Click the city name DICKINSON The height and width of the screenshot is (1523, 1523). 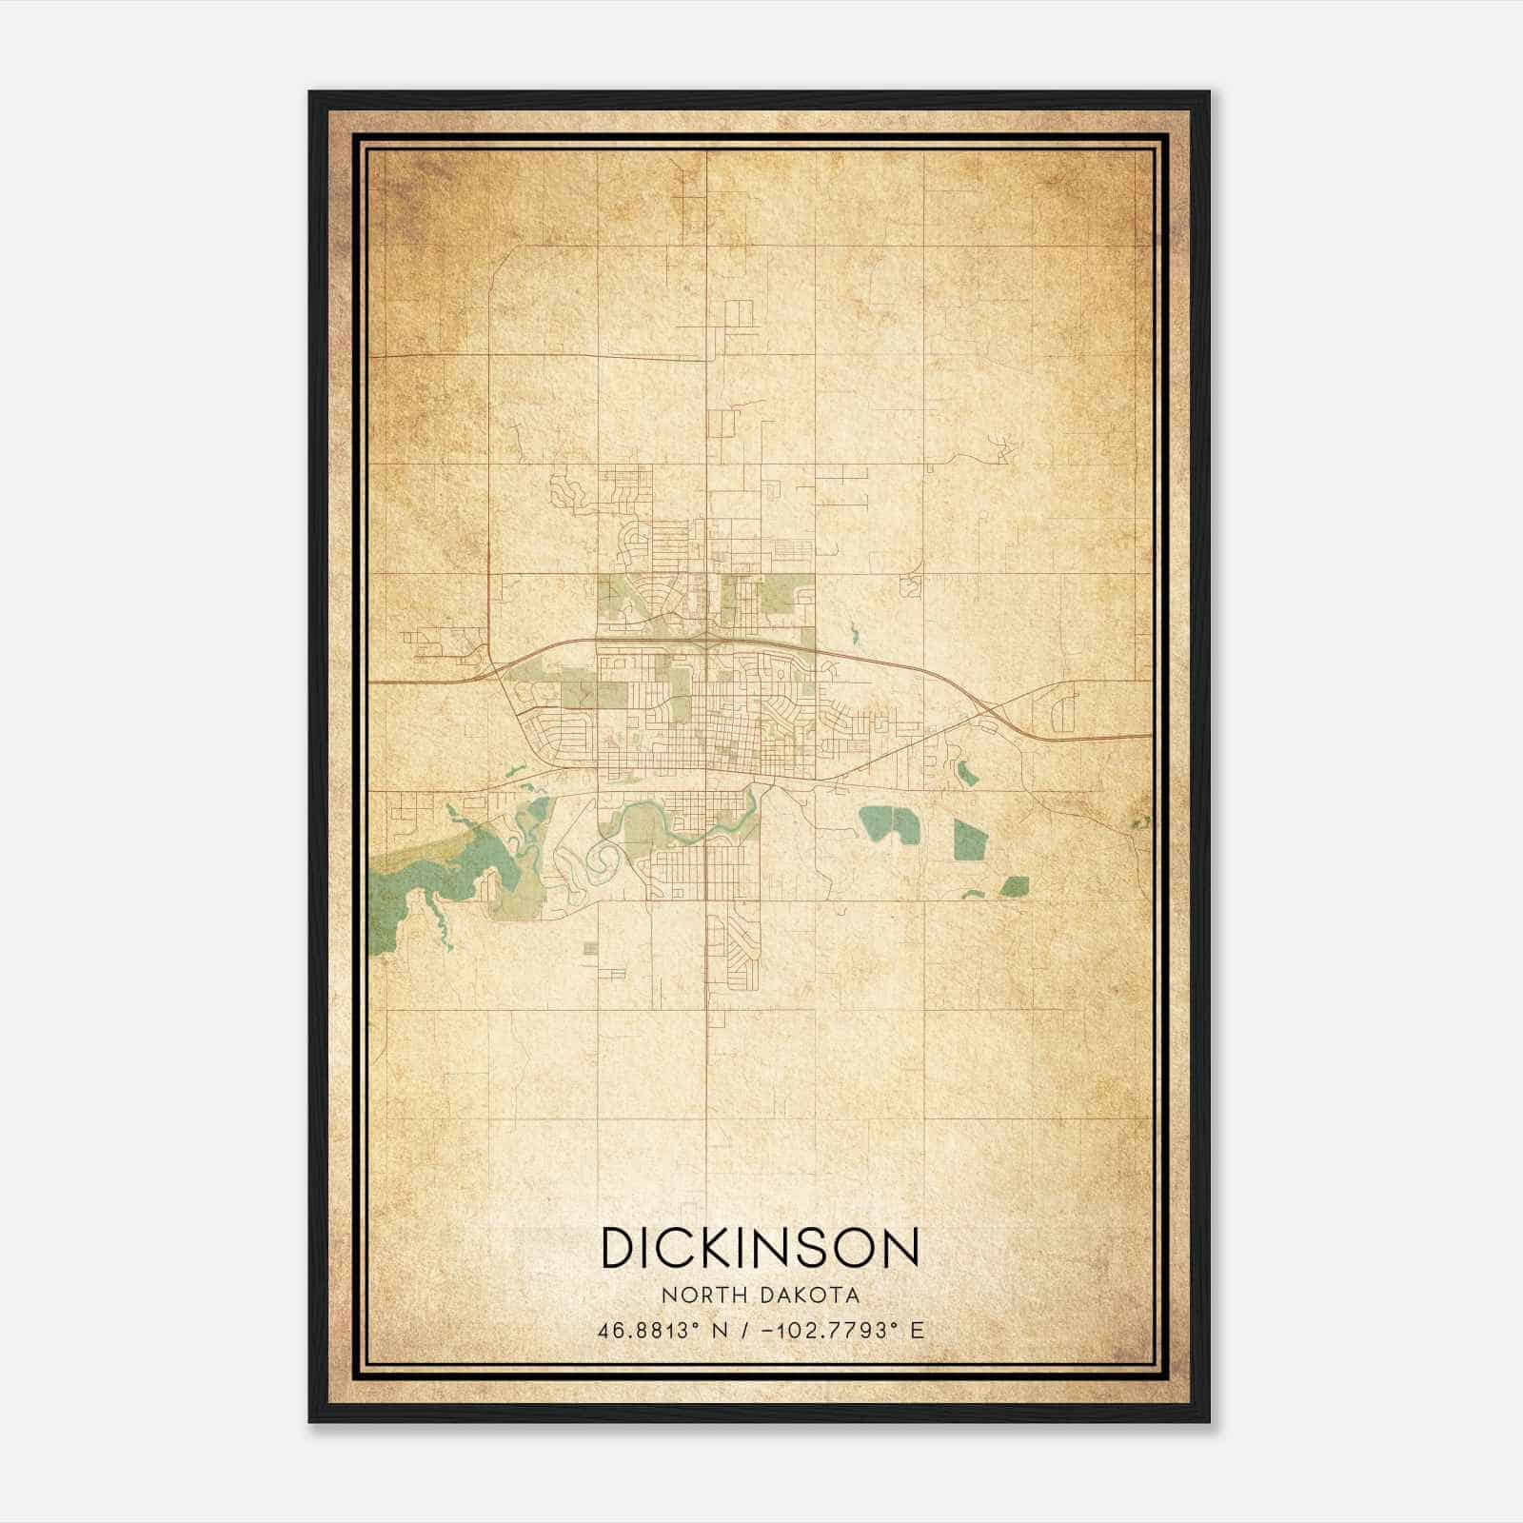pyautogui.click(x=760, y=1247)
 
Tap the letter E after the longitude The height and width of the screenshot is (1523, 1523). pyautogui.click(x=918, y=1330)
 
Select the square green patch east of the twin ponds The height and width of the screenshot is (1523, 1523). pyautogui.click(x=970, y=840)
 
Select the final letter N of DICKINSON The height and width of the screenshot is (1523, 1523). pyautogui.click(x=900, y=1247)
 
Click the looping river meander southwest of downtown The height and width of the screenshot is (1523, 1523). pyautogui.click(x=603, y=862)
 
